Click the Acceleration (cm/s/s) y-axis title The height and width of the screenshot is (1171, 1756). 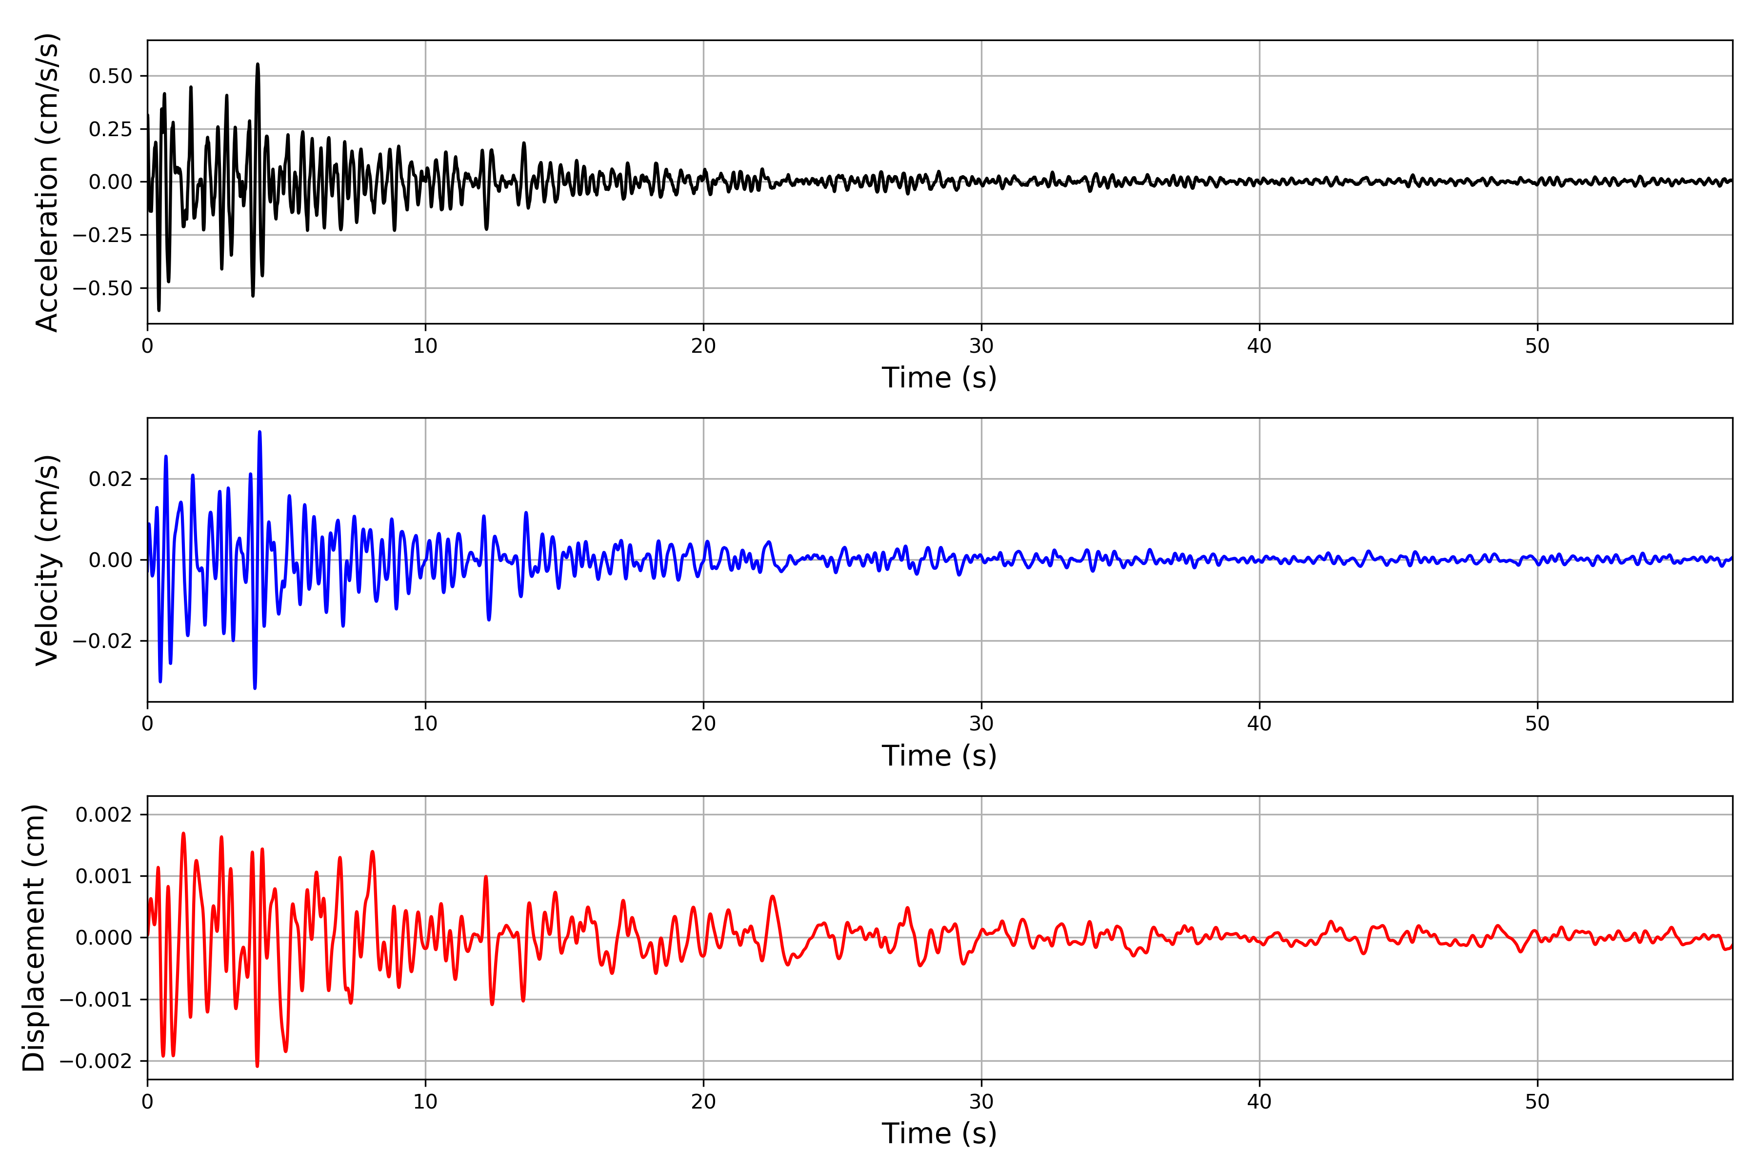(x=46, y=182)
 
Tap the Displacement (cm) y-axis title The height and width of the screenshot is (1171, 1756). (x=34, y=937)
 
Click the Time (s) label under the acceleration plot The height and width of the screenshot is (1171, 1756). (x=939, y=378)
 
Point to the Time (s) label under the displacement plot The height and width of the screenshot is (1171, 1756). (x=939, y=1133)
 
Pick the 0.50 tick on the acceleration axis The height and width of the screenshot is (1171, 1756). (x=110, y=76)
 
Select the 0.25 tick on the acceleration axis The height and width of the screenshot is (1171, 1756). (x=110, y=129)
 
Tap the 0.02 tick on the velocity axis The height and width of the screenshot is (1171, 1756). (x=110, y=479)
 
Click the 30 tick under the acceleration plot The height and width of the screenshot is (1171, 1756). (x=981, y=346)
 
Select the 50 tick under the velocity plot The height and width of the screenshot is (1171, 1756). (x=1537, y=723)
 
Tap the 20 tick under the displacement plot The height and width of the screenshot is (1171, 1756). (x=703, y=1102)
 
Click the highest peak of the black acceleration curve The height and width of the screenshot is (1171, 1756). (x=258, y=64)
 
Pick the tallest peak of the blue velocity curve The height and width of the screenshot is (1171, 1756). (x=259, y=432)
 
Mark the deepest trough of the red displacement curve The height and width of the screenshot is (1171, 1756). (x=258, y=1066)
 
